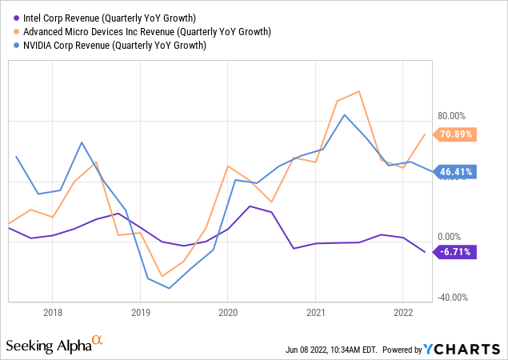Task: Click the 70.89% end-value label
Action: click(455, 134)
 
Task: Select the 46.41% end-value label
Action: click(455, 171)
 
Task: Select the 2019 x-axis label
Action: click(140, 313)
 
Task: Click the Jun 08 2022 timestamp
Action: click(331, 350)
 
